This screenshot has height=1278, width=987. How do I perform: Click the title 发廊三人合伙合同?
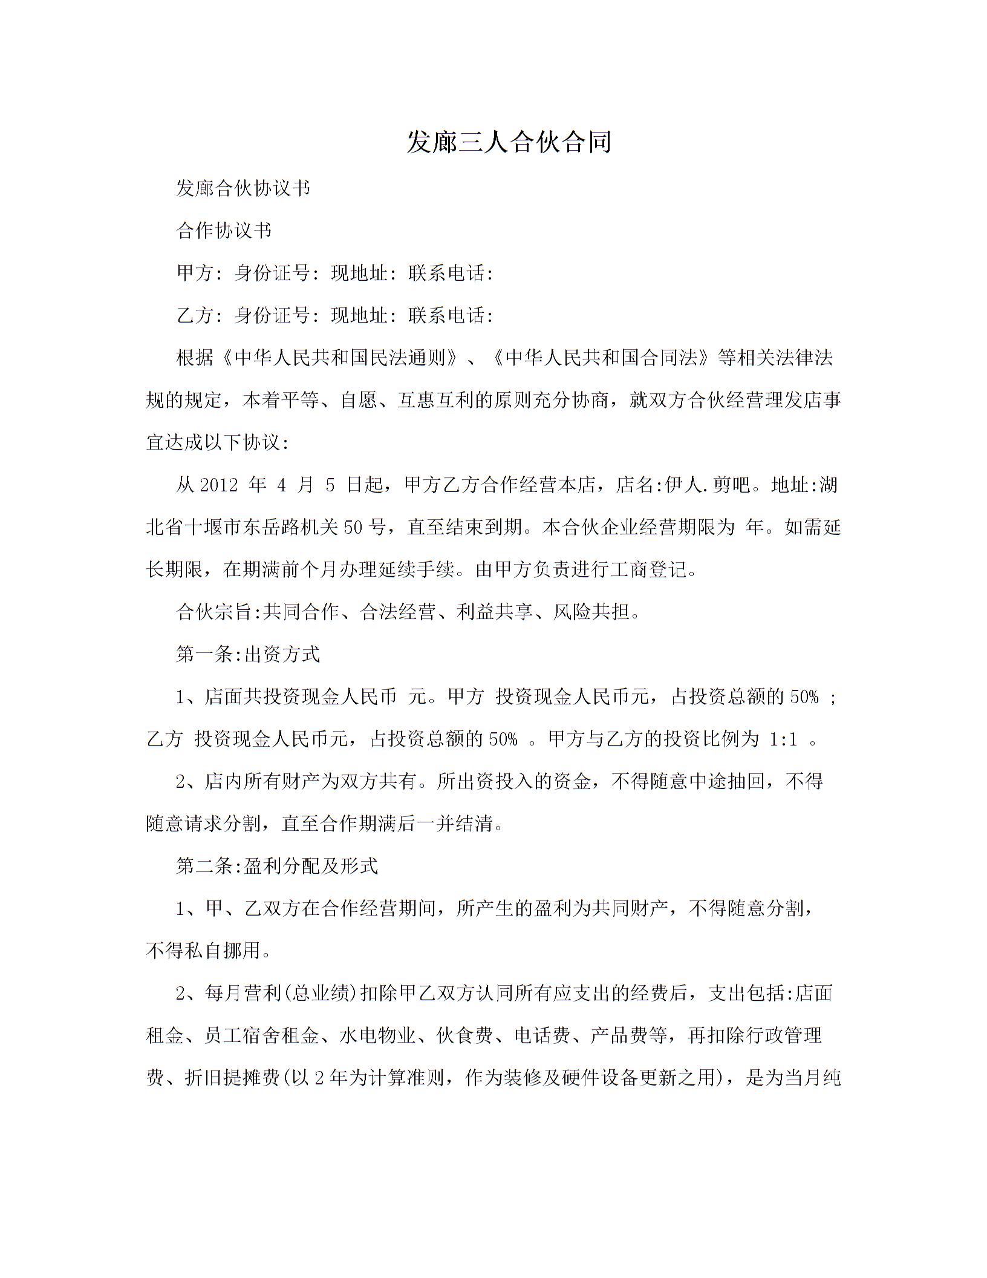tap(509, 142)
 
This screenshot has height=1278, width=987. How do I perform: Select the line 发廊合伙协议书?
tap(243, 188)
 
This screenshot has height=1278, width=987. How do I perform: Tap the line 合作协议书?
tap(224, 231)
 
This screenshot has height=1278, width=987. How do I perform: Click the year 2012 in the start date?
tap(218, 485)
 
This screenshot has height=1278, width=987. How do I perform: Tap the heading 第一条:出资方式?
tap(247, 654)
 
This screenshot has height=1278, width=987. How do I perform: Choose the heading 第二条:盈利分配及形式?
tap(276, 866)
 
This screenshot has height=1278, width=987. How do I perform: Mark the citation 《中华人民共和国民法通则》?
tap(339, 358)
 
